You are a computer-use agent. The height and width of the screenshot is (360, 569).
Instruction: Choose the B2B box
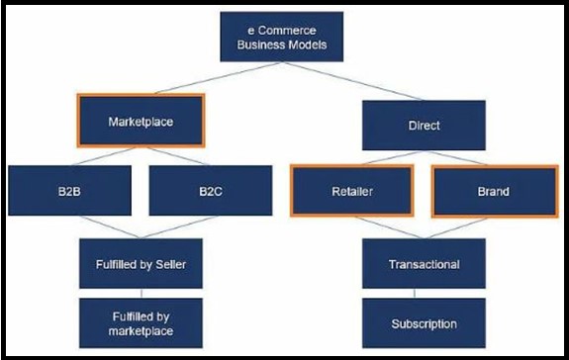tap(69, 189)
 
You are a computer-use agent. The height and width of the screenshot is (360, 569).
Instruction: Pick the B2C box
tap(209, 189)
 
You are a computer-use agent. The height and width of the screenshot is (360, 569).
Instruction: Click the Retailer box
tap(351, 190)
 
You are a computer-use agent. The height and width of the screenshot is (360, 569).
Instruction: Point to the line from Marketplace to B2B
tap(104, 155)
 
